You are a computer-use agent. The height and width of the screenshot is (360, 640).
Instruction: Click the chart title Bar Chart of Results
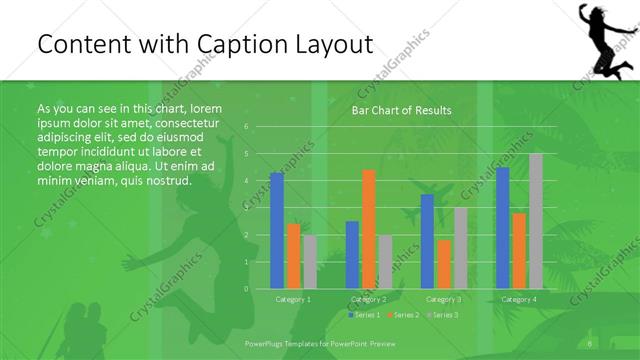(x=400, y=110)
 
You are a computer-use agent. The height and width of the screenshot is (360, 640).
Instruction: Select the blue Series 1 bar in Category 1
(x=277, y=230)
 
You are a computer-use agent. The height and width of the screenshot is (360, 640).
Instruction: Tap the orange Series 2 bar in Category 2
(x=368, y=229)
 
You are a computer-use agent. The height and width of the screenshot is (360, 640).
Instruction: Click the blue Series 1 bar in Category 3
(x=427, y=241)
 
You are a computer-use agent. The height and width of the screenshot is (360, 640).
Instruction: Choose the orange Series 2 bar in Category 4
(x=518, y=250)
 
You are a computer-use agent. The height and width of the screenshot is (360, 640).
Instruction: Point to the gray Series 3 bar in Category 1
(x=309, y=262)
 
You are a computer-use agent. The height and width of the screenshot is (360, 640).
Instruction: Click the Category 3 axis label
(x=443, y=299)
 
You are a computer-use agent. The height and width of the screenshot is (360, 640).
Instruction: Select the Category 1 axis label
(x=293, y=299)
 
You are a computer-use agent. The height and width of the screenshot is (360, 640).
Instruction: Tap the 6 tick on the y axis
(x=246, y=126)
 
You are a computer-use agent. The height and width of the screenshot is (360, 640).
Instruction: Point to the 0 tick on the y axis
(x=246, y=288)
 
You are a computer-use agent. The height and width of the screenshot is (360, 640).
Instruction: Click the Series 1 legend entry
(x=365, y=315)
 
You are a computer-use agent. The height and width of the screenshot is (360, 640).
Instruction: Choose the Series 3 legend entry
(x=443, y=315)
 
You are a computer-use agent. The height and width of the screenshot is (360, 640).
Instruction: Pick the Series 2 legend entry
(x=404, y=315)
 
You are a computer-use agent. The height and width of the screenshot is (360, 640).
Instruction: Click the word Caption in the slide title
(x=250, y=45)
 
